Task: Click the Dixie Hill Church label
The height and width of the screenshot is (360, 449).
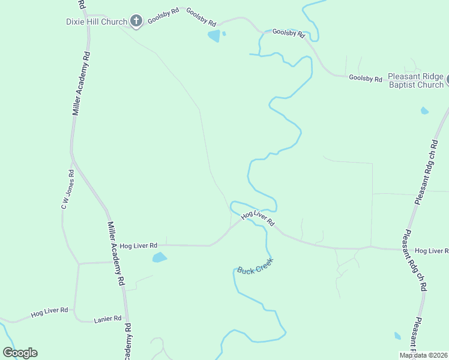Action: [96, 22]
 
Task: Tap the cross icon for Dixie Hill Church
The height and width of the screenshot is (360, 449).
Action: [136, 22]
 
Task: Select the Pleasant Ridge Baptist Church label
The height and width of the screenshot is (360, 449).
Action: [415, 80]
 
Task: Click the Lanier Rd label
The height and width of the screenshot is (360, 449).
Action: [108, 319]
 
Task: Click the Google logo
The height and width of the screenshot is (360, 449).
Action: [20, 353]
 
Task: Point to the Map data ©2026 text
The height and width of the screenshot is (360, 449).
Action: [423, 355]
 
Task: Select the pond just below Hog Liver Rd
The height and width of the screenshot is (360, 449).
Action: [159, 258]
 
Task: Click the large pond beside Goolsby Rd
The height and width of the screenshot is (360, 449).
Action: [214, 37]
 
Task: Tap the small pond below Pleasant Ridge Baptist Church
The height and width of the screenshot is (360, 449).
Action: [425, 110]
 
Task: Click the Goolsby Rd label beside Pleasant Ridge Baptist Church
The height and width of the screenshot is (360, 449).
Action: [366, 79]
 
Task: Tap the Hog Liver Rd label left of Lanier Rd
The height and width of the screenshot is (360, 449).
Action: [50, 311]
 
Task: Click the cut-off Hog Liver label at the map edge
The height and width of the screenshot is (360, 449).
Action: [431, 250]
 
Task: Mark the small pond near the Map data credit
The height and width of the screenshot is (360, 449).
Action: [397, 336]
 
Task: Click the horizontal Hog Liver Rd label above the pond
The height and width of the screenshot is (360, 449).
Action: [138, 245]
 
